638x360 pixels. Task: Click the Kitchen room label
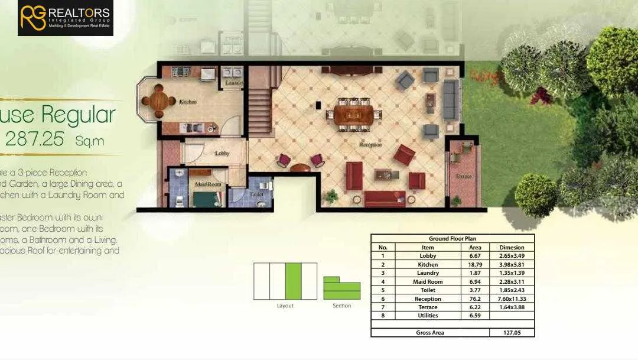coord(187,102)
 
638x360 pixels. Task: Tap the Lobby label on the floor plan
coord(222,153)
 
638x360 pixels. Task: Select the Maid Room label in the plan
coord(208,184)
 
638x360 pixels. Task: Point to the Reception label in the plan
coord(370,144)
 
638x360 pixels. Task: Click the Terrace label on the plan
coord(463,176)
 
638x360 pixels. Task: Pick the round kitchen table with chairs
coord(158,100)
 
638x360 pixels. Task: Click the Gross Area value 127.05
coord(512,333)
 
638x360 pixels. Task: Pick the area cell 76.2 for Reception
coord(475,299)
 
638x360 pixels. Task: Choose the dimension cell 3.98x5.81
coord(512,265)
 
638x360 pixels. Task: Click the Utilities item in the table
coord(428,316)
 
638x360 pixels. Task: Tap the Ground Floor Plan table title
coord(453,239)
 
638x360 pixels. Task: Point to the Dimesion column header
coord(512,248)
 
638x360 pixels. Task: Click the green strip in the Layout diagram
coord(293,281)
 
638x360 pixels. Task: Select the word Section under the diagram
coord(341,306)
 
